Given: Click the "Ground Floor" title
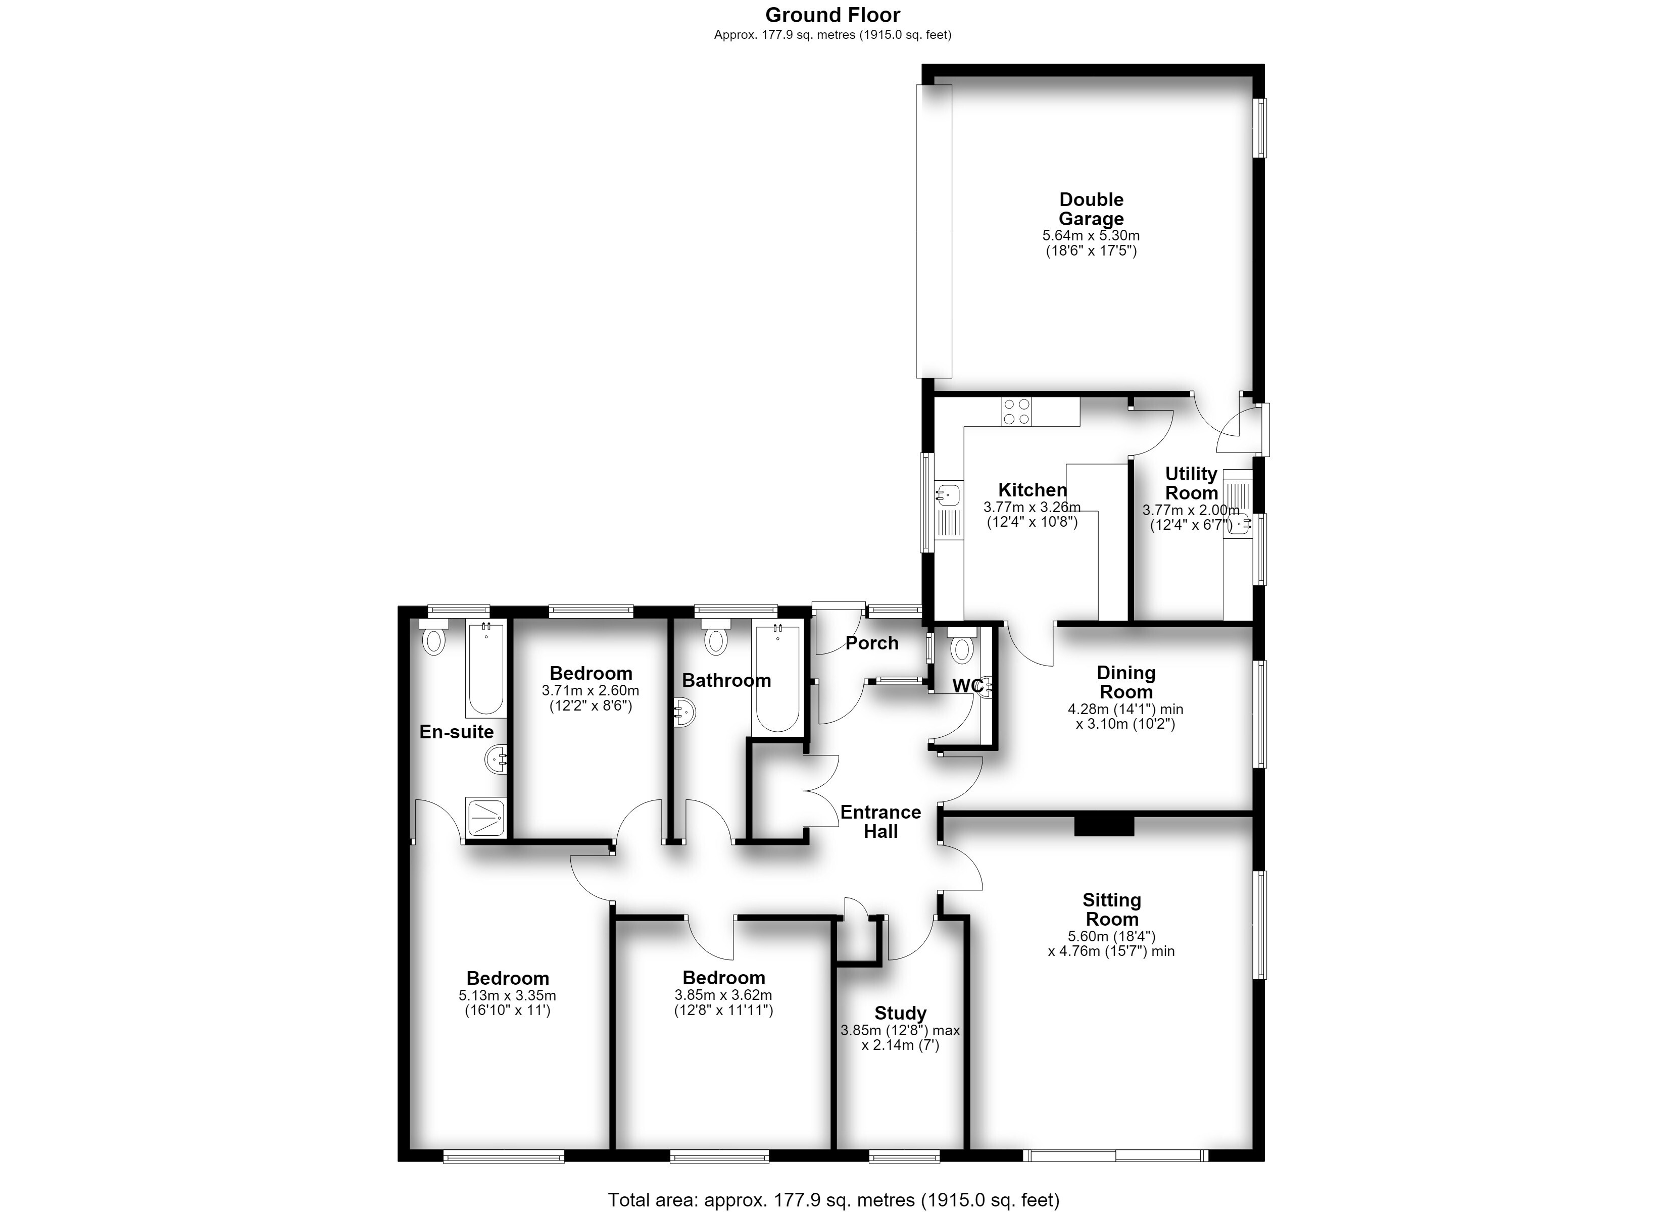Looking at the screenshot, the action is [833, 15].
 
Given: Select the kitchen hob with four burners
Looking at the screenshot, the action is [1016, 412].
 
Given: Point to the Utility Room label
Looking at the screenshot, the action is [1192, 483].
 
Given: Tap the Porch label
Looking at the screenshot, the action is [872, 643].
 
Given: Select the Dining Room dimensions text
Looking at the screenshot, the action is [1125, 717].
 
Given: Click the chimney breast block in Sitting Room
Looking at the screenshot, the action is [1104, 825].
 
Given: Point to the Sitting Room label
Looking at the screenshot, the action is [1111, 909].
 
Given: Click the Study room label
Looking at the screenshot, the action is [900, 1014].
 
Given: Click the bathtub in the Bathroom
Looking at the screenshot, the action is [777, 678].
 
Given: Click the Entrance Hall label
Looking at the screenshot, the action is [880, 822].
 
